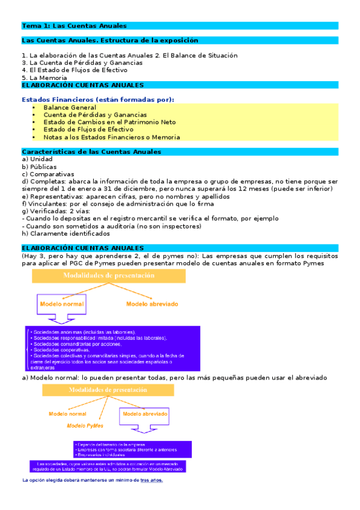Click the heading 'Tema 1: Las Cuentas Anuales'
tap(74, 26)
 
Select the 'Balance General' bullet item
tap(70, 108)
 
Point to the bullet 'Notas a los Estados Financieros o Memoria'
tap(103, 137)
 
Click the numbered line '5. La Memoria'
tap(44, 78)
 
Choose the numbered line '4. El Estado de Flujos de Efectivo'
tap(74, 70)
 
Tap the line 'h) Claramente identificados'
tap(66, 233)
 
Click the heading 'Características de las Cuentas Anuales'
tap(91, 152)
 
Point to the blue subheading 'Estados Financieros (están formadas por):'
tap(98, 99)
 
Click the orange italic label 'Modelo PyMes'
tap(85, 426)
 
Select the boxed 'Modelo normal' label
tap(63, 304)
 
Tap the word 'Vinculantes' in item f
tap(46, 204)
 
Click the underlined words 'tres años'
tap(151, 481)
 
